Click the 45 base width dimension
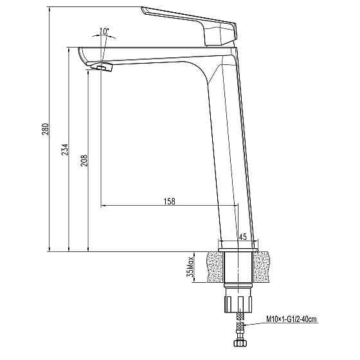tap(242, 237)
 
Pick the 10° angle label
tap(104, 30)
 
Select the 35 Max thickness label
tap(191, 266)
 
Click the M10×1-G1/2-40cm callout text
tap(292, 318)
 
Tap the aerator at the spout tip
tap(100, 67)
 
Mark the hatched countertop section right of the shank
tap(269, 266)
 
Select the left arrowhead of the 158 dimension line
tap(104, 206)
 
